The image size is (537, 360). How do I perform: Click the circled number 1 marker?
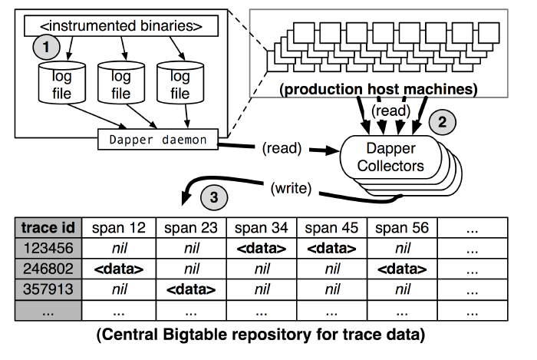(x=47, y=48)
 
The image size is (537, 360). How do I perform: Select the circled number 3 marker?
(x=212, y=197)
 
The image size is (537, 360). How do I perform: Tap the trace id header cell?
(x=48, y=227)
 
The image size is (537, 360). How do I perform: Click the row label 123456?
(x=48, y=248)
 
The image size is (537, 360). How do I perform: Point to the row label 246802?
(x=48, y=269)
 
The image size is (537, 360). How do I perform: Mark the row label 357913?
(x=48, y=291)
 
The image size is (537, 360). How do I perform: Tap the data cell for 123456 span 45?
(x=331, y=248)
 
